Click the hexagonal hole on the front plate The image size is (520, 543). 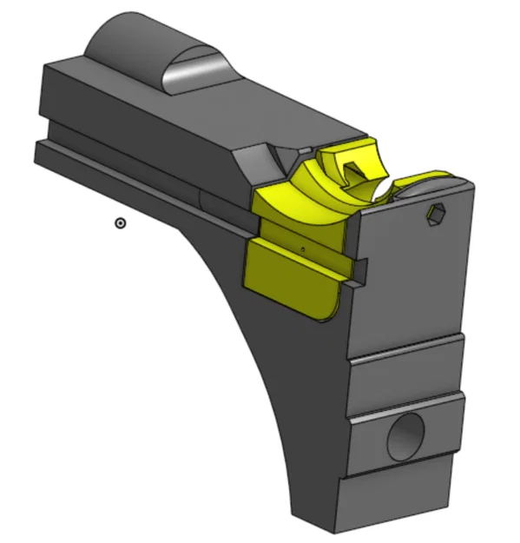click(x=437, y=214)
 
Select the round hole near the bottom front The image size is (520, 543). click(x=406, y=434)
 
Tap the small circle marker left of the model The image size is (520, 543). click(x=121, y=223)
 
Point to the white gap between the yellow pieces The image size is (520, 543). click(x=382, y=188)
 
